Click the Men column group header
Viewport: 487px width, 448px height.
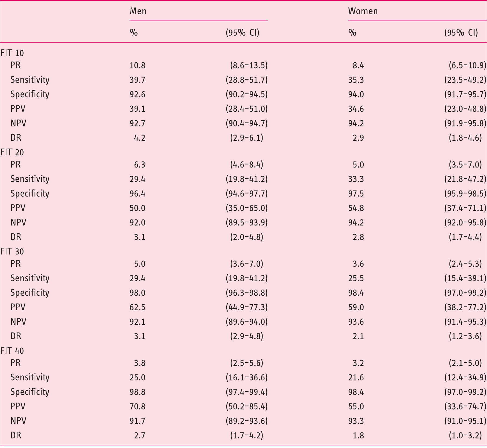(138, 11)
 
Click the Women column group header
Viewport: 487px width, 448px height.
(363, 11)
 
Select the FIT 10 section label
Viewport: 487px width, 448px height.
(12, 53)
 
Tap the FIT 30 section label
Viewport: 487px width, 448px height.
(12, 252)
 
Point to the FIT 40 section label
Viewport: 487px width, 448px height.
(12, 351)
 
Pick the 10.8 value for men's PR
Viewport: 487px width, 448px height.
(138, 66)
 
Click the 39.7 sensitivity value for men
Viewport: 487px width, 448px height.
(138, 80)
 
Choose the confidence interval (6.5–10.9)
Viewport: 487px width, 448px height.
(468, 66)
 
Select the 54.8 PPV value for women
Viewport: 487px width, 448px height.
(356, 208)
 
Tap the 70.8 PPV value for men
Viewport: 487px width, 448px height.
(138, 407)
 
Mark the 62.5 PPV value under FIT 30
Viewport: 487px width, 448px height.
(138, 307)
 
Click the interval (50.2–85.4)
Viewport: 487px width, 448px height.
(247, 407)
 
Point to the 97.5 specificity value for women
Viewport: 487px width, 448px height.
(356, 194)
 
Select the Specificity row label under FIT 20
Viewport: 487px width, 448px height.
(30, 194)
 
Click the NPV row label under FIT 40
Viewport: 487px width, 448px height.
(18, 421)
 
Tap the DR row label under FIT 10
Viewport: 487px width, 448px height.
(16, 138)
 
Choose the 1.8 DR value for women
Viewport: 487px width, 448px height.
(359, 436)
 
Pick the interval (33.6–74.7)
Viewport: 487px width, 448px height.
(466, 407)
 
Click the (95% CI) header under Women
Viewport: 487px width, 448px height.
(461, 33)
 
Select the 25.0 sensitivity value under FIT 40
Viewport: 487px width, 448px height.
(138, 378)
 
